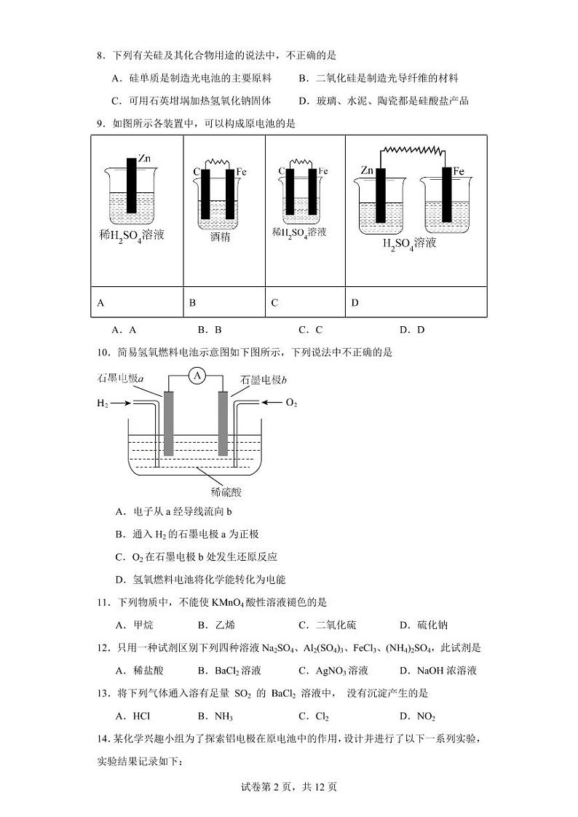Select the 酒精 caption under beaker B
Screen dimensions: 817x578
pos(220,237)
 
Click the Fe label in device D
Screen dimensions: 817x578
pos(459,171)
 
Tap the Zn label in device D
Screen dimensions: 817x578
pos(367,171)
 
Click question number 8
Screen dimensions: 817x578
pos(100,55)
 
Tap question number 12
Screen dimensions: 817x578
pos(103,647)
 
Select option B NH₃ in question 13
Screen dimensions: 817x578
pos(215,717)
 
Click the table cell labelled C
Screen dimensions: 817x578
pos(274,303)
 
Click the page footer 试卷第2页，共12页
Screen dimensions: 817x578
pos(289,786)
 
